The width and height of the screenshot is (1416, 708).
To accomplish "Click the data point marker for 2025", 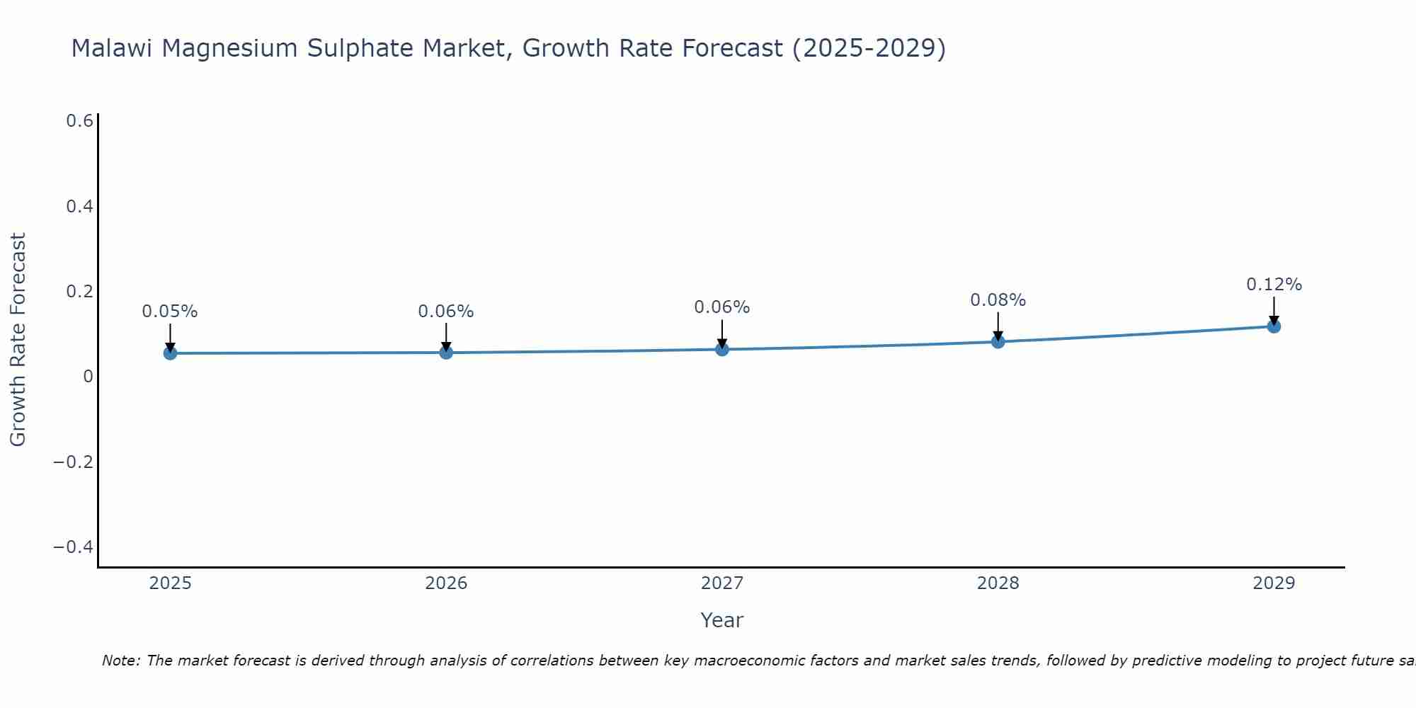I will pyautogui.click(x=170, y=353).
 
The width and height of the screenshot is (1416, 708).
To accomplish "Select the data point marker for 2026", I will pyautogui.click(x=446, y=352).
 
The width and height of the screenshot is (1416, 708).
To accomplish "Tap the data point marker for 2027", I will pyautogui.click(x=722, y=348).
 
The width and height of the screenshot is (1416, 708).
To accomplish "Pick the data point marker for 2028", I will pyautogui.click(x=998, y=341).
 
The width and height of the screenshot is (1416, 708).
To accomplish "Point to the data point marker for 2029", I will pyautogui.click(x=1274, y=326).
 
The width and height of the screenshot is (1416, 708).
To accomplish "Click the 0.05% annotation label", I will pyautogui.click(x=170, y=312).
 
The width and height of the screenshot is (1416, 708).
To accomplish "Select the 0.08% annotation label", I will pyautogui.click(x=998, y=300).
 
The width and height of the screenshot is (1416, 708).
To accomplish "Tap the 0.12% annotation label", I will pyautogui.click(x=1274, y=285).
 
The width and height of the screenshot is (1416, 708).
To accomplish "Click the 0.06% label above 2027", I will pyautogui.click(x=721, y=307).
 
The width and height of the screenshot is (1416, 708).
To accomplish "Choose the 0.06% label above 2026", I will pyautogui.click(x=445, y=312).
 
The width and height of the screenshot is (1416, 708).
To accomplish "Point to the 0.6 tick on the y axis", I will pyautogui.click(x=79, y=121).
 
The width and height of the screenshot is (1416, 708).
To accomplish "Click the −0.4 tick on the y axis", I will pyautogui.click(x=74, y=547).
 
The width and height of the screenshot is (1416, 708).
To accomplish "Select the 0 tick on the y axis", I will pyautogui.click(x=88, y=377).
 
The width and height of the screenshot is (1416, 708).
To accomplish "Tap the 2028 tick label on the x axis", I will pyautogui.click(x=998, y=583).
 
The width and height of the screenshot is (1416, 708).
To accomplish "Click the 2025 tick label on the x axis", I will pyautogui.click(x=170, y=583).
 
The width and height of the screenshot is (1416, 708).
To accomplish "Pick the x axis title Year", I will pyautogui.click(x=721, y=620).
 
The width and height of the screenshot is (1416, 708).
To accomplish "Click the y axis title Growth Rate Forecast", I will pyautogui.click(x=18, y=340).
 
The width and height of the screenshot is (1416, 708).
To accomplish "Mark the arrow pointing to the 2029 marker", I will pyautogui.click(x=1274, y=310).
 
